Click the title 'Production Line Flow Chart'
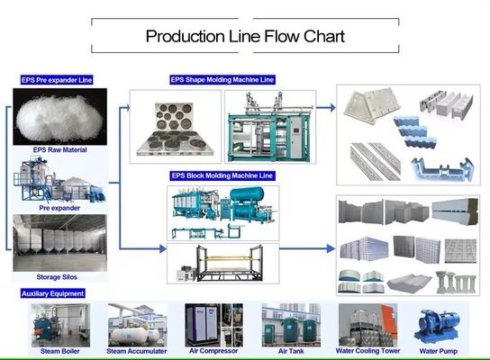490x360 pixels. point(245,37)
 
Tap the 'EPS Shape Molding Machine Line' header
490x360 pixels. point(222,80)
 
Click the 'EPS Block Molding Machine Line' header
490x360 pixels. point(222,175)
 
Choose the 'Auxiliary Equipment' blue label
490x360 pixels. point(52,293)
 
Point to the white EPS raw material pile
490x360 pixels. point(59,114)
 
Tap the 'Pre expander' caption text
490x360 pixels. point(59,207)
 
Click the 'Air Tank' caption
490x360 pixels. point(289,350)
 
